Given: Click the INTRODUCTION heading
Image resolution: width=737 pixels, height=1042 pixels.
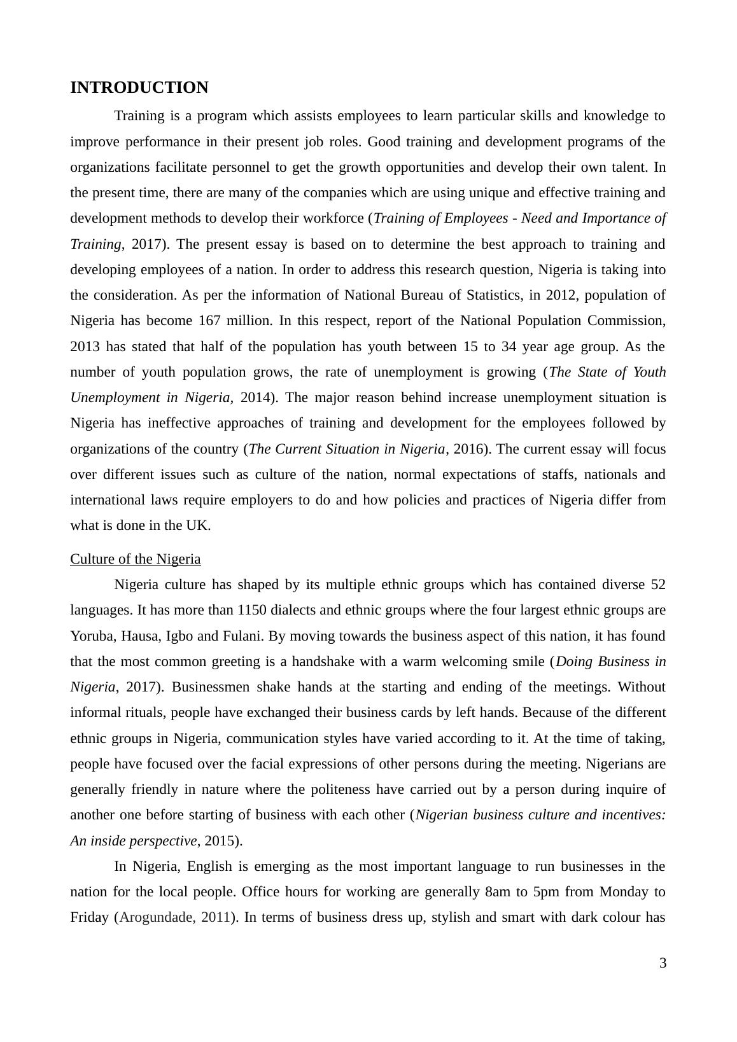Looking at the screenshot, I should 139,88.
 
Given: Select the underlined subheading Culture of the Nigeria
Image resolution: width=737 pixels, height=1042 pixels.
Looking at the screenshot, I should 135,559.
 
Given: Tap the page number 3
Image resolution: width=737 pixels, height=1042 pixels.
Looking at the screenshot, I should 663,963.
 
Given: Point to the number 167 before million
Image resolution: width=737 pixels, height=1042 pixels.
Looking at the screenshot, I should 209,321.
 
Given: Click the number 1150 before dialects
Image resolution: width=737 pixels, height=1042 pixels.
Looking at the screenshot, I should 252,610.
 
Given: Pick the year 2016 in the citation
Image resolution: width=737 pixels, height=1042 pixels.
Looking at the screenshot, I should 468,449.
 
